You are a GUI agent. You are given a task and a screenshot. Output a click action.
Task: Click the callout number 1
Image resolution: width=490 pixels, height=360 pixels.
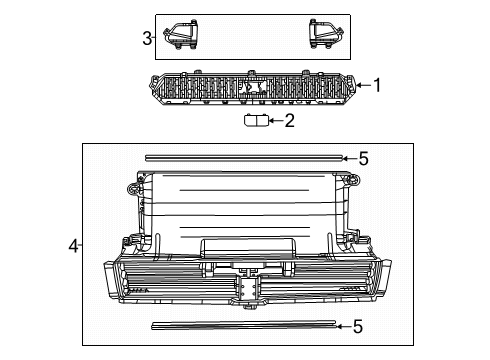point(377,85)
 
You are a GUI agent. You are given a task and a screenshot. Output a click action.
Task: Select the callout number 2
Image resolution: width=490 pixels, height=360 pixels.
point(290,122)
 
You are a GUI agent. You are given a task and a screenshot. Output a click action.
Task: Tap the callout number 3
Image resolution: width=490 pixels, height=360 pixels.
point(146,39)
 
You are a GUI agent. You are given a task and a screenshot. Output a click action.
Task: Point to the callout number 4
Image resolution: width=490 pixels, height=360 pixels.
point(73,243)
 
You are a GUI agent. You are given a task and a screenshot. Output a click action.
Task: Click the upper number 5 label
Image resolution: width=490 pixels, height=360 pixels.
point(364,157)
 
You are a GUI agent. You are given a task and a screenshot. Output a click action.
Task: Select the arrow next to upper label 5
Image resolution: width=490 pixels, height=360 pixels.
point(348,157)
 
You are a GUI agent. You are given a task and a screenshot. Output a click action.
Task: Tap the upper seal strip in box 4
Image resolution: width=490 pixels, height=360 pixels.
point(243,157)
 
